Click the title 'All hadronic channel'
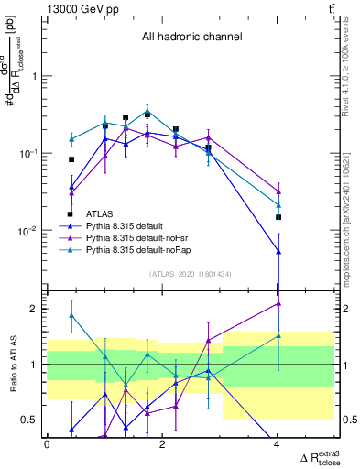coord(191,38)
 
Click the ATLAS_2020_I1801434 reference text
coord(191,274)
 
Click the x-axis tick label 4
coord(278,444)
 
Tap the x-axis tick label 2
coord(162,444)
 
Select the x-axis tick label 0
coord(47,444)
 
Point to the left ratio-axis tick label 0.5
coord(30,420)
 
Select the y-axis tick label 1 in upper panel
coord(35,76)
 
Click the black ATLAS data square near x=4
coord(278,217)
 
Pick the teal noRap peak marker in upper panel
coord(147,112)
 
